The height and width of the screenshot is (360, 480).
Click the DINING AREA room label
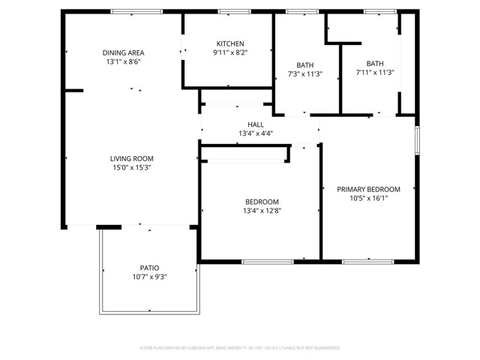tap(124, 52)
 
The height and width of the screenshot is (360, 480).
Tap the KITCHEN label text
tap(230, 43)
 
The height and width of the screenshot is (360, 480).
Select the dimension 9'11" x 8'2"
tap(230, 52)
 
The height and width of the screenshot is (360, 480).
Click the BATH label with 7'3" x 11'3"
tap(304, 65)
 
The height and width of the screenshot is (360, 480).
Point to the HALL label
tap(256, 124)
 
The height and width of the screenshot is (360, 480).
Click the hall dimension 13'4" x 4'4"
tap(256, 133)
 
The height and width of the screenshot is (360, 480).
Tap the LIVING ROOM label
tap(132, 158)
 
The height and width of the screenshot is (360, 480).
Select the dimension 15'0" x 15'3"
tap(132, 167)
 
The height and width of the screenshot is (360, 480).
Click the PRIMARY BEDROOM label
tap(368, 189)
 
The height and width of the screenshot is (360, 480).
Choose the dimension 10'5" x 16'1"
tap(368, 198)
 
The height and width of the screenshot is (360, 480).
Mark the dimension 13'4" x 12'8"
tap(262, 211)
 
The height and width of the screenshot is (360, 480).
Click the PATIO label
tap(149, 268)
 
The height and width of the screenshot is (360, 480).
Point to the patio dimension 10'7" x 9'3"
tap(149, 277)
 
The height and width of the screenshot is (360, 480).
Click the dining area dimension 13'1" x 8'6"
tap(124, 61)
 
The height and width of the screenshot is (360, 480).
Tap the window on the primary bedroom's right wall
tap(417, 141)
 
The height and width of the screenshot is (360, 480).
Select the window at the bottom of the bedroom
tap(267, 261)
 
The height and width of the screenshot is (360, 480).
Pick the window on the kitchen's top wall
tap(235, 11)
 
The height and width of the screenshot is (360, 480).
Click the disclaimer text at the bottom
tap(240, 348)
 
